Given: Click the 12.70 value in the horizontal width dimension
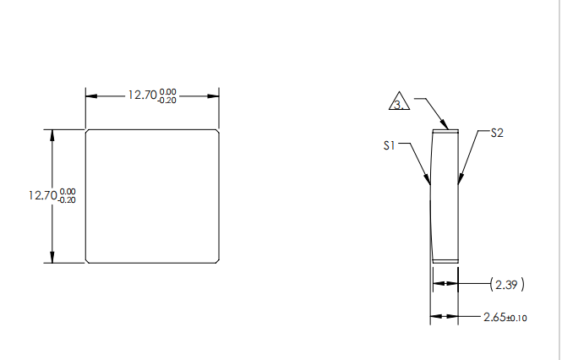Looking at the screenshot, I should tap(141, 95).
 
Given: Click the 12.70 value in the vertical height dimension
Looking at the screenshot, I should tap(41, 195).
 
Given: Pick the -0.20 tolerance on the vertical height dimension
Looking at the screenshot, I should tap(67, 199).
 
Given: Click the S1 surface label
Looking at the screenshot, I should tap(389, 145).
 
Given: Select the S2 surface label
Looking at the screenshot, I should tap(497, 134).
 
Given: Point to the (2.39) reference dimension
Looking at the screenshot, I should tap(508, 284).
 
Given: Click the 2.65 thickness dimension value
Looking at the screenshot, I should tap(494, 317).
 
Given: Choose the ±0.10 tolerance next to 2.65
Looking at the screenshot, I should tap(516, 318).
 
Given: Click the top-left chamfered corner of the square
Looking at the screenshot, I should tap(88, 132).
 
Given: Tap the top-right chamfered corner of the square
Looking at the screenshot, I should tap(218, 132).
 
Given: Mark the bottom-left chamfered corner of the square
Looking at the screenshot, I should tap(88, 261).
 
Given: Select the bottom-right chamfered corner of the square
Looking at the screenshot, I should tap(218, 261).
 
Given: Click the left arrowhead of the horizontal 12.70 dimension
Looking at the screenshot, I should tap(90, 95).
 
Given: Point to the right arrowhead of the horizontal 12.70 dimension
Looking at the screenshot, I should tap(216, 95).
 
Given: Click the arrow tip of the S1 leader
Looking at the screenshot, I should tap(431, 184).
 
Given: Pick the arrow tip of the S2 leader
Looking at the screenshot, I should tap(459, 182).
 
